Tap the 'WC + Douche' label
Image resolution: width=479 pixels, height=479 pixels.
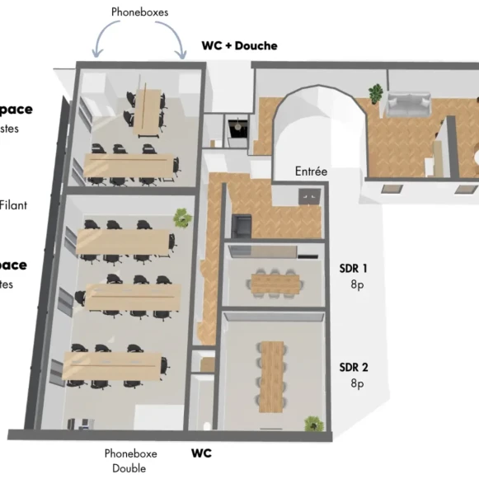[x=239, y=45]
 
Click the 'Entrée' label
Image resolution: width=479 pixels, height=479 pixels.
[x=311, y=171]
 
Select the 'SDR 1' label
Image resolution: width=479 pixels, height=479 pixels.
[x=353, y=268]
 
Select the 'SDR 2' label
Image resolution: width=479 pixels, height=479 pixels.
[x=353, y=367]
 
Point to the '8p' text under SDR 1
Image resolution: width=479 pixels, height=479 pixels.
[x=356, y=284]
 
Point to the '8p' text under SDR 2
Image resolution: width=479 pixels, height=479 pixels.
[x=356, y=383]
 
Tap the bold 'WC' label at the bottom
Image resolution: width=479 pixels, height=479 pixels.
[x=202, y=453]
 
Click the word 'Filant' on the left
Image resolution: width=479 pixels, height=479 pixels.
[x=14, y=204]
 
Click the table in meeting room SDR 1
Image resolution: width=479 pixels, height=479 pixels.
[x=276, y=283]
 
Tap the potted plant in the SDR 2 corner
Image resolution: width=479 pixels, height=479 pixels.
[x=313, y=424]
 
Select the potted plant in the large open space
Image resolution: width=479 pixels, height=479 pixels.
[x=181, y=218]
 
